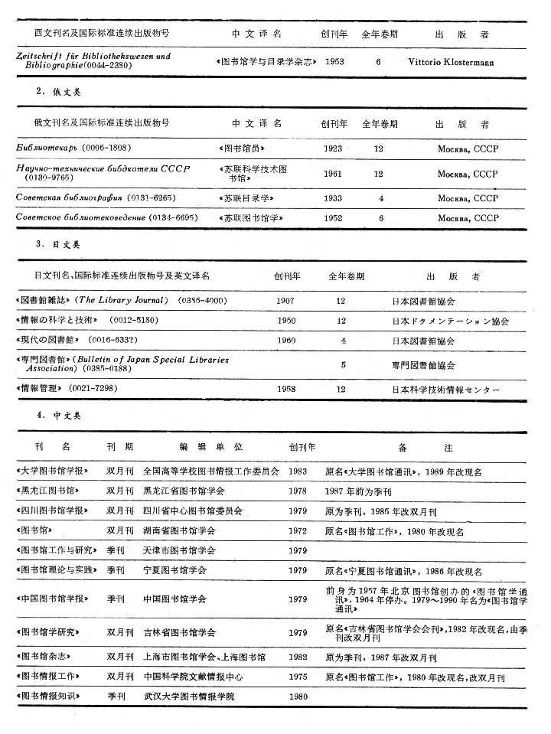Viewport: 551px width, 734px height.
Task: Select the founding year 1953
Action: click(335, 60)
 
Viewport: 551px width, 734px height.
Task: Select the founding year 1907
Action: click(285, 301)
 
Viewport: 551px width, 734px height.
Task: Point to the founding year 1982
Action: click(298, 657)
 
